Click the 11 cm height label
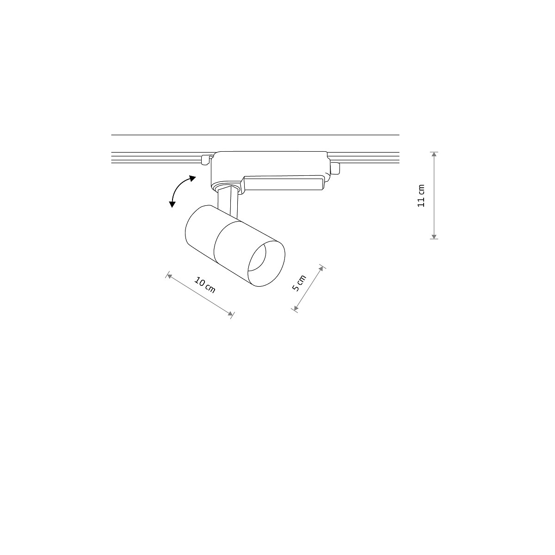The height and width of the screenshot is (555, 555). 421,196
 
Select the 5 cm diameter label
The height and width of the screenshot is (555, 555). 299,283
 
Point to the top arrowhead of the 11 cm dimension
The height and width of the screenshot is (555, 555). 434,155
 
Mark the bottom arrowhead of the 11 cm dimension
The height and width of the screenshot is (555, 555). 434,236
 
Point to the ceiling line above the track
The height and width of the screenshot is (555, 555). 254,135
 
